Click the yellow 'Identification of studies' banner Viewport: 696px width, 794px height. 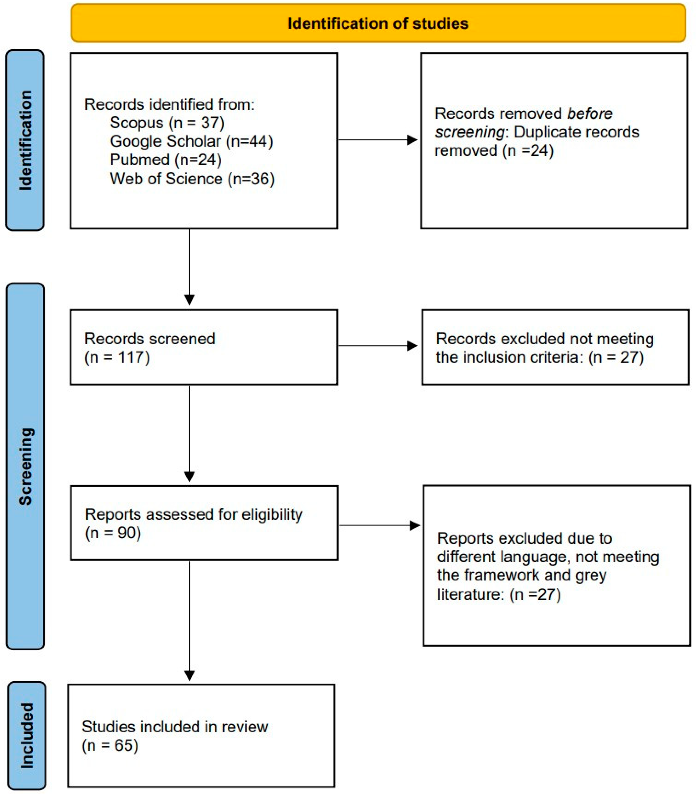coord(378,23)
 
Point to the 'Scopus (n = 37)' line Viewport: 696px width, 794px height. coord(167,123)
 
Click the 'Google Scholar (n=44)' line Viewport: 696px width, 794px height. coord(191,141)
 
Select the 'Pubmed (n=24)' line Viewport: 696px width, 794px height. coord(166,160)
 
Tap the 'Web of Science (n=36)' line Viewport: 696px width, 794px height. coord(192,179)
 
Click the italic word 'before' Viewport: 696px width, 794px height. coord(589,114)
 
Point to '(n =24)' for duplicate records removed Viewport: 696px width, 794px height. coord(528,150)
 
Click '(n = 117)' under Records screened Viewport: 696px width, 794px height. coord(117,357)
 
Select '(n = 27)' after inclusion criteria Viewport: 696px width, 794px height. coord(616,357)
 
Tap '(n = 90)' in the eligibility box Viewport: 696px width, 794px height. coord(113,533)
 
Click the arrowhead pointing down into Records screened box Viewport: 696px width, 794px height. coord(190,299)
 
